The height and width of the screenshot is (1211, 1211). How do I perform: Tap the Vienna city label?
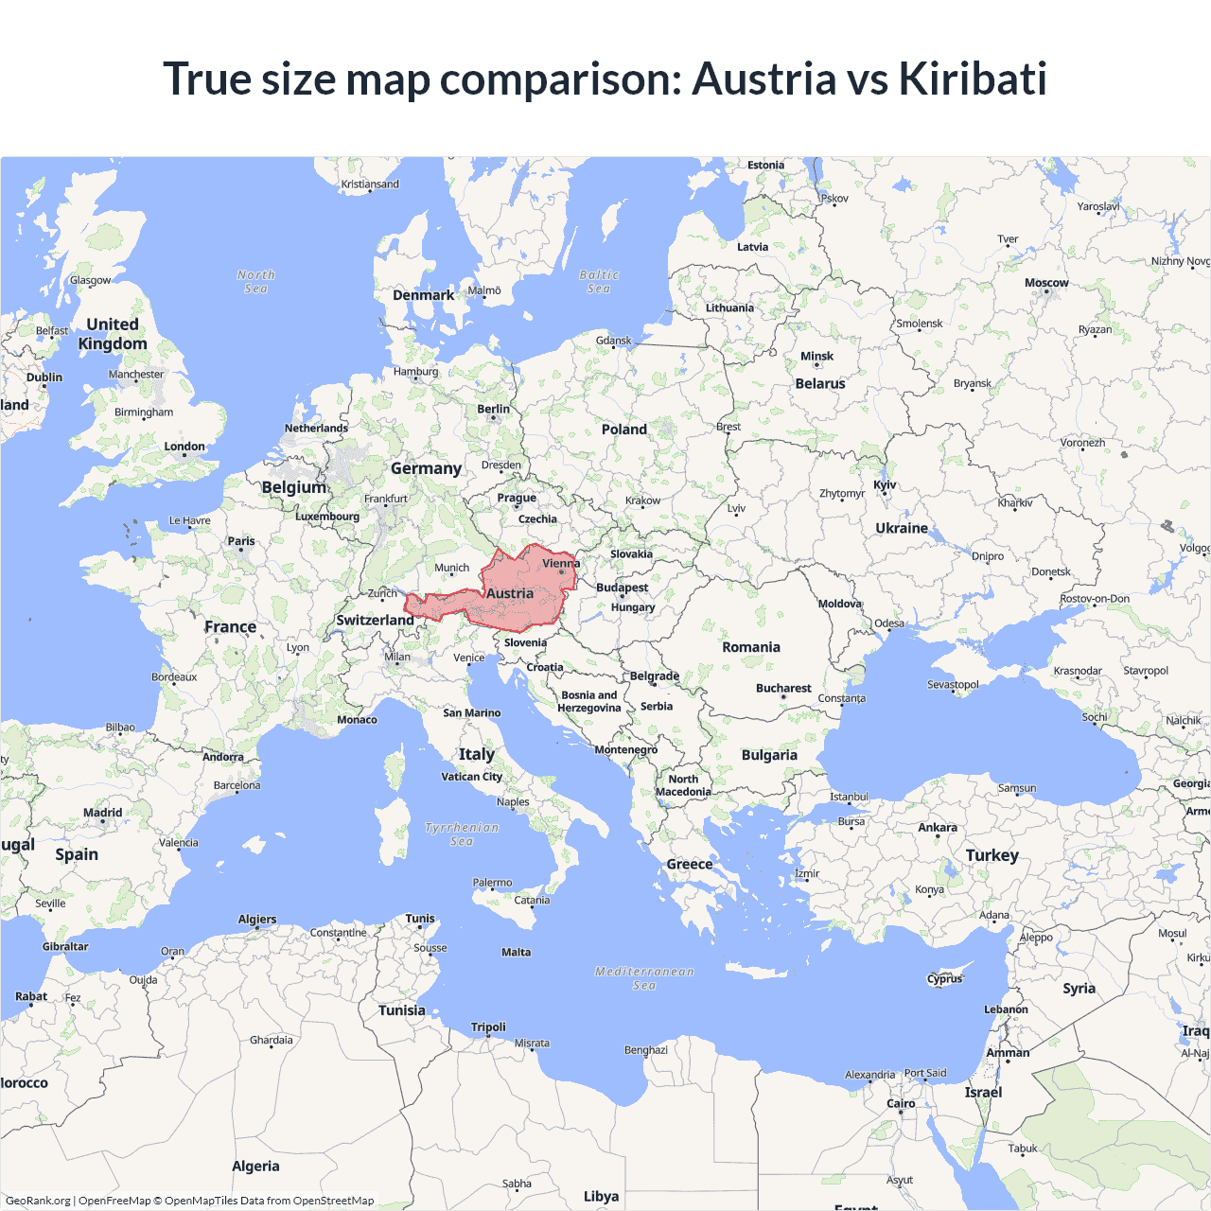click(561, 564)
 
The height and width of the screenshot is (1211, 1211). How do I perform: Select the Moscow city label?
click(1046, 283)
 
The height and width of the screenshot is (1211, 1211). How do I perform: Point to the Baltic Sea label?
click(599, 281)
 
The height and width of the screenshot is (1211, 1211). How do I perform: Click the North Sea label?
click(255, 281)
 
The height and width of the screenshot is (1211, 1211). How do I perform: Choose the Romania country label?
click(751, 647)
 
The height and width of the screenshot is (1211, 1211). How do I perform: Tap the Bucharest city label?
click(783, 688)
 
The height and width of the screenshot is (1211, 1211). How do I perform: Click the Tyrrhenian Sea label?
click(462, 834)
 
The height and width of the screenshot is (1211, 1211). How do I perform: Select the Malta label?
click(517, 952)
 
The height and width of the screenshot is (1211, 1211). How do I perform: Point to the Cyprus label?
click(944, 979)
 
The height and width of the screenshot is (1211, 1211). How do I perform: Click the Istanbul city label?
click(849, 797)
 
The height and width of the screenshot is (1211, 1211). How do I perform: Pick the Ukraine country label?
click(902, 528)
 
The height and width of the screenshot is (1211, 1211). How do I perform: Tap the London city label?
click(184, 447)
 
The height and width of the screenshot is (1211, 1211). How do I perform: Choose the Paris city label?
click(241, 541)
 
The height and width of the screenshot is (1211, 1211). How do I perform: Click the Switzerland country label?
click(375, 620)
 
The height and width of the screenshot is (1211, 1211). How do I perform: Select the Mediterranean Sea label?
click(644, 978)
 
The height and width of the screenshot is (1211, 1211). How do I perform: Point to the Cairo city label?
click(901, 1103)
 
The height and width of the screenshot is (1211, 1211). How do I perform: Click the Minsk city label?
click(816, 357)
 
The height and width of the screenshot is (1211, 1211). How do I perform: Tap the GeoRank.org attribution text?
click(38, 1201)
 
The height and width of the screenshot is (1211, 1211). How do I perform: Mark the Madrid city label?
click(102, 813)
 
